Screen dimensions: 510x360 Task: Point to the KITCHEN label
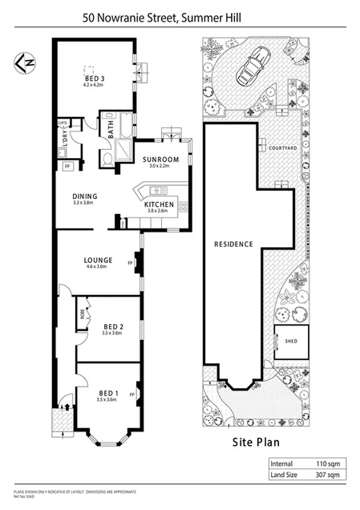pos(159,205)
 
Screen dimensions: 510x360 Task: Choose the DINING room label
pos(84,196)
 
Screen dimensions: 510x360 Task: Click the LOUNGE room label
pos(97,260)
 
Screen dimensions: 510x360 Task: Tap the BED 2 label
pos(113,326)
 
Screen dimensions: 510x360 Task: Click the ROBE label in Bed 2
pos(81,315)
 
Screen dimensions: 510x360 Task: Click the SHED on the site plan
pos(290,341)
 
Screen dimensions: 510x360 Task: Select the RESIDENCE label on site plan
pos(233,244)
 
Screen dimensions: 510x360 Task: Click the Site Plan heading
pos(254,440)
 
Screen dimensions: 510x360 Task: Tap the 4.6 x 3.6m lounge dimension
pos(97,268)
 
